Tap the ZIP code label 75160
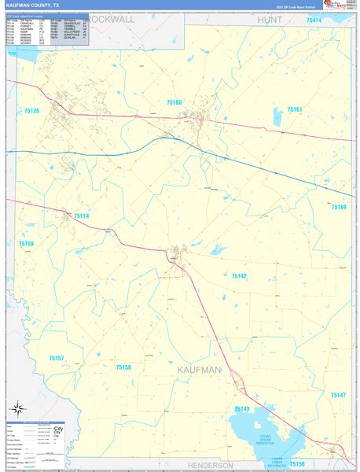pos(174,102)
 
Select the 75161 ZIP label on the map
pos(295,109)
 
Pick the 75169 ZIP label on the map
pos(338,207)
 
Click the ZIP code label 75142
pos(239,275)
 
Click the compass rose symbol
pos(17,408)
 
